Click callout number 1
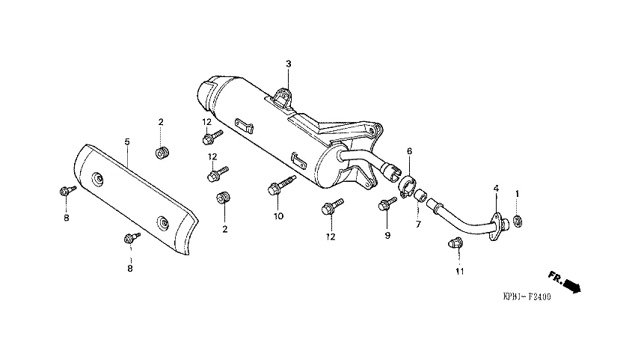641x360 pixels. coord(517,194)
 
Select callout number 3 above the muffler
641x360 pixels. coord(288,64)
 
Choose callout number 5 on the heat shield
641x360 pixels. coord(127,141)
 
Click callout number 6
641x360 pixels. coord(409,150)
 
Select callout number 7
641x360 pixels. coord(418,224)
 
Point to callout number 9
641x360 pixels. coord(387,236)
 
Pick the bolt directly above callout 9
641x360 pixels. coord(388,203)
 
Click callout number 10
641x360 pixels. coord(277,216)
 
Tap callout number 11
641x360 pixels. coord(459,271)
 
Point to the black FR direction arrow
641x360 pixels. coord(571,285)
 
